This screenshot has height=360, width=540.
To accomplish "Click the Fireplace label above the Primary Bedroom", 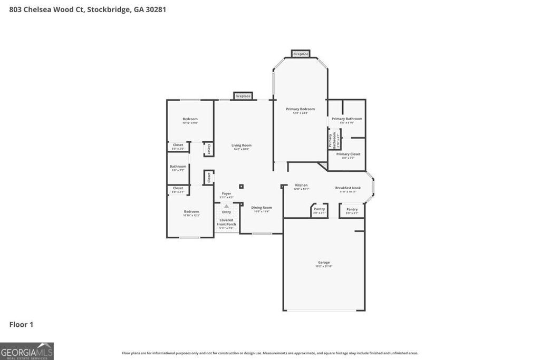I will pos(301,54).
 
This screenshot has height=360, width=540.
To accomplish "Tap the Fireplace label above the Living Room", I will pos(243,96).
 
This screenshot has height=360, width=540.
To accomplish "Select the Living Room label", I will pos(242,145).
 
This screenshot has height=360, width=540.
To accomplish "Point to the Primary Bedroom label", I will pos(300,109).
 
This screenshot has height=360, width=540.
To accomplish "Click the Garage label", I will pos(323,262).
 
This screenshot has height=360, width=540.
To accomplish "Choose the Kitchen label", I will pos(301,185).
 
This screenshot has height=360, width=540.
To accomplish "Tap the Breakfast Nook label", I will pos(348,188).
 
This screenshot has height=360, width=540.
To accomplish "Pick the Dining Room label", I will pos(262,208).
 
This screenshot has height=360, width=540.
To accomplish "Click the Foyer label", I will pos(226,193).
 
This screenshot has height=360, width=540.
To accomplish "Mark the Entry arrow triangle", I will pos(226,206).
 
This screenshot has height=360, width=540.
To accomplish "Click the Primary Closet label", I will pos(348,154).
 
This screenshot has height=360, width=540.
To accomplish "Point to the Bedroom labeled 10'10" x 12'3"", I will pos(191,211).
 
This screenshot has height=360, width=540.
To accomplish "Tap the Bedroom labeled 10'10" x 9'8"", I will pos(190,119).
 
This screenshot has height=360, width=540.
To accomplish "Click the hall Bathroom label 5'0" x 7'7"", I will pos(178,167).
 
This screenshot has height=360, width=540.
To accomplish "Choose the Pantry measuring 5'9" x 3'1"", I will pos(352,209).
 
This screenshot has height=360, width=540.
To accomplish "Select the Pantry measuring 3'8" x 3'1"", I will pos(319,209).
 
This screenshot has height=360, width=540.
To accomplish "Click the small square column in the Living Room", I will pos(242,186).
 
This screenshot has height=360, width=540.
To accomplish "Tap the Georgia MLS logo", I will pos(27,351).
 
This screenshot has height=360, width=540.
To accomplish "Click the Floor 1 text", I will pos(21,325).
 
